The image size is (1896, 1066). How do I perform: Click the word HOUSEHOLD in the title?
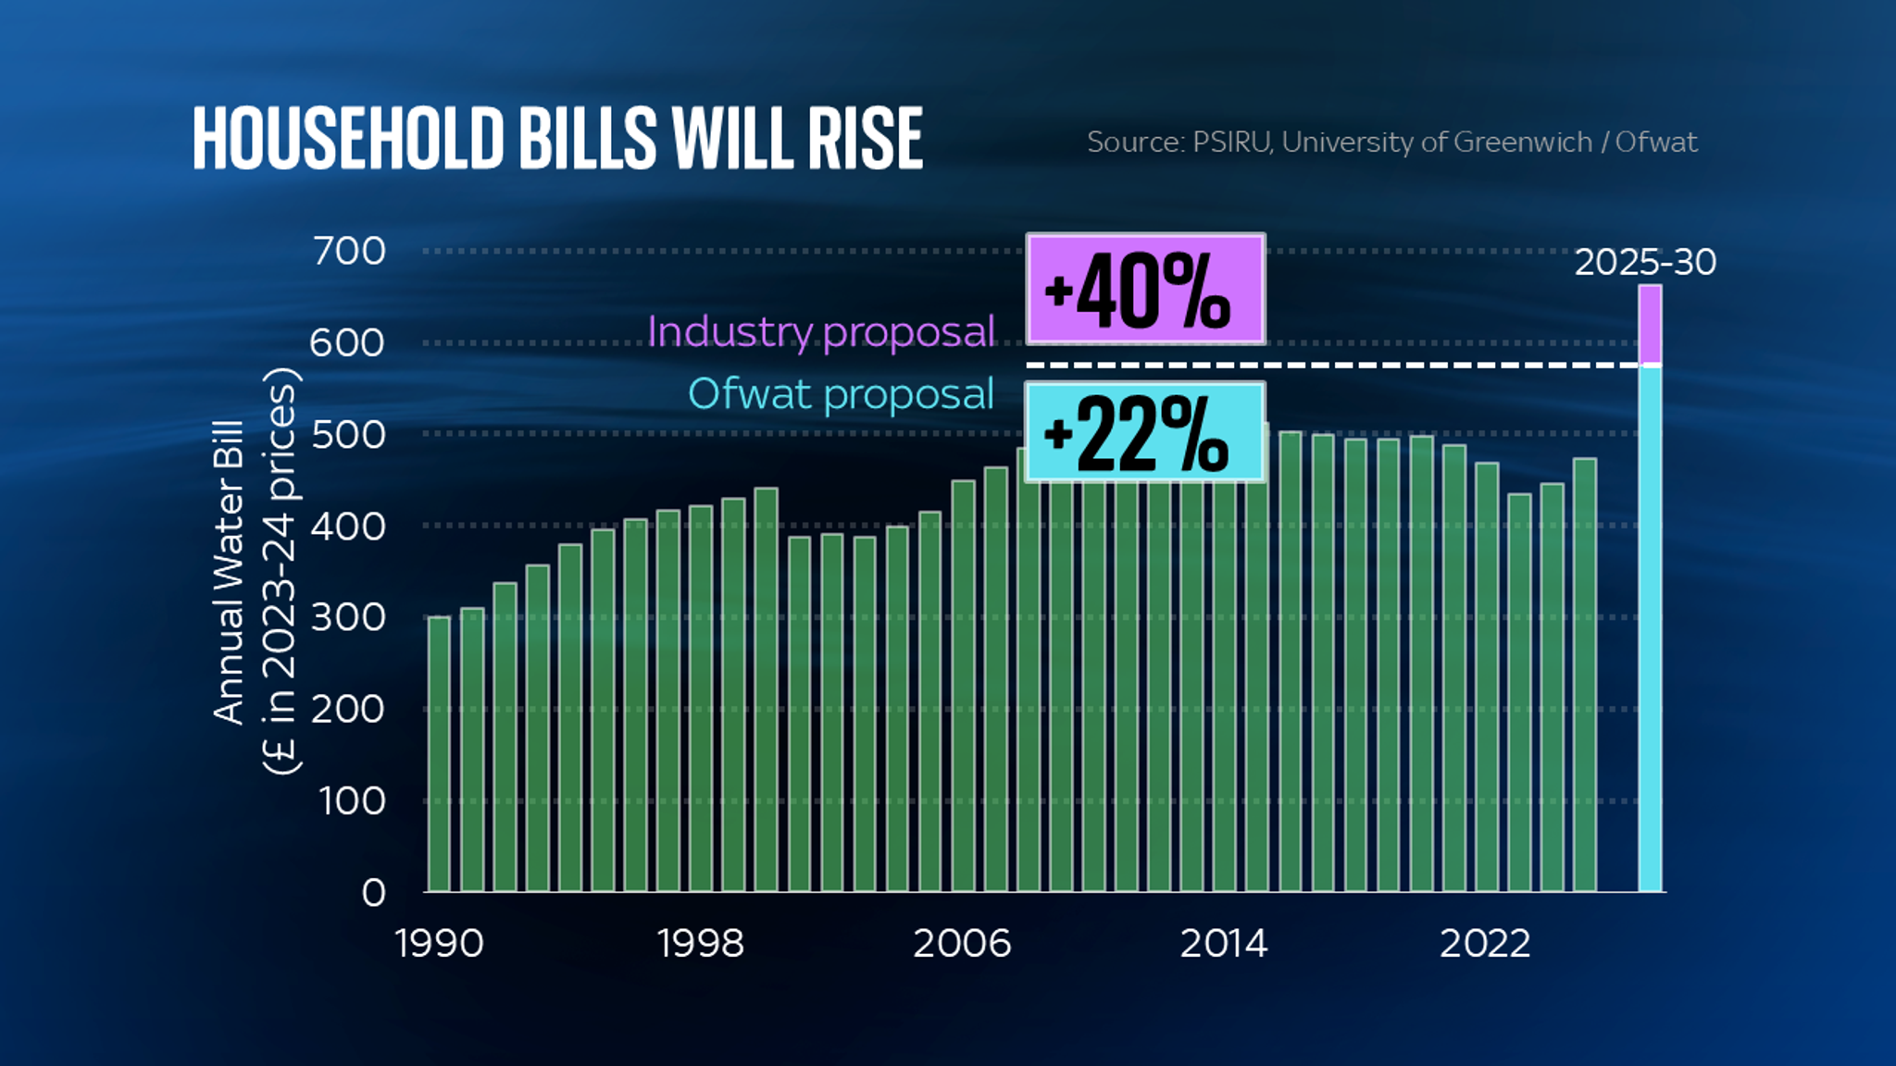point(348,139)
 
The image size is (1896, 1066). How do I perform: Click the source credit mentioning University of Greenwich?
point(1391,142)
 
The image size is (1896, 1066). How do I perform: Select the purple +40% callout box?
point(1145,290)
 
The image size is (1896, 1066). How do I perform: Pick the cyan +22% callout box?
point(1145,432)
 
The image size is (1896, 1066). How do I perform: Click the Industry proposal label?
point(820,331)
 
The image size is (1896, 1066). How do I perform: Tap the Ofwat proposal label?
point(841,394)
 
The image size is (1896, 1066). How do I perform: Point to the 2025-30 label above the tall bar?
point(1645,262)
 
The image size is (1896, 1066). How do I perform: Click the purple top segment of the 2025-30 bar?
point(1650,325)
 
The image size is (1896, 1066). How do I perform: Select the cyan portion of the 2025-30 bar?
point(1650,629)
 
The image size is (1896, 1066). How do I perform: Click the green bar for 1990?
point(440,754)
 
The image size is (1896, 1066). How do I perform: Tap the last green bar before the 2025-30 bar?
point(1585,676)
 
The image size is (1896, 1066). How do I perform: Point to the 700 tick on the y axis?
point(349,251)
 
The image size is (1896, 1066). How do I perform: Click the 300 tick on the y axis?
point(348,617)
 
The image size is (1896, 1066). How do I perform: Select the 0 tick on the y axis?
point(373,893)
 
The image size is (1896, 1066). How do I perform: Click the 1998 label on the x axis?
point(700,944)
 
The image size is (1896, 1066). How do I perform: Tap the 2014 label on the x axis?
point(1223,944)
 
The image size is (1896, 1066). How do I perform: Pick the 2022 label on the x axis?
point(1485,944)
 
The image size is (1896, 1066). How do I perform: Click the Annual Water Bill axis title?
point(229,572)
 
